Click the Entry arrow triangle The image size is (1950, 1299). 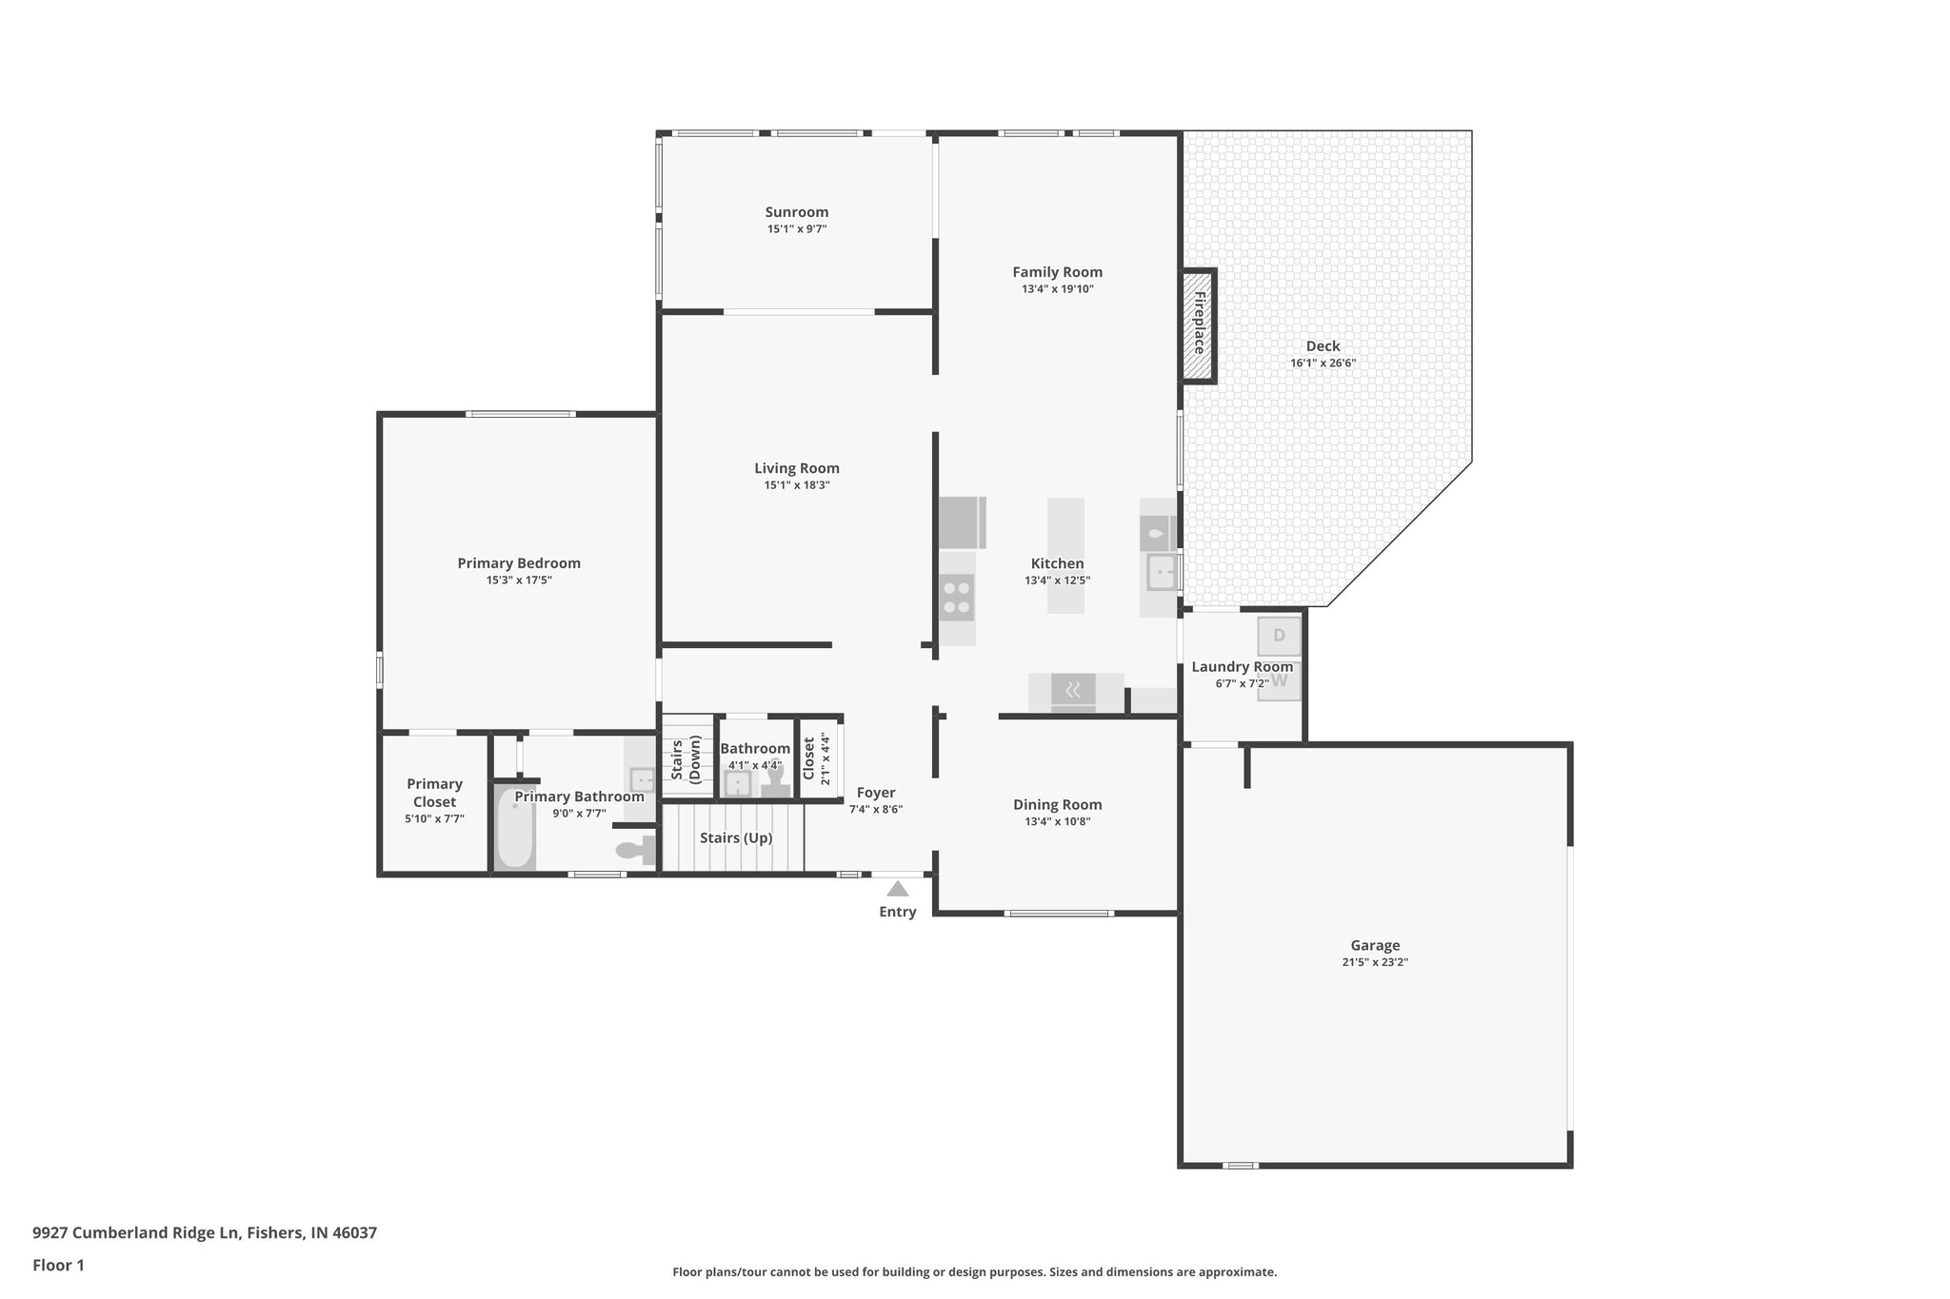click(x=897, y=889)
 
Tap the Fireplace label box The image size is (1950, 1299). click(x=1199, y=325)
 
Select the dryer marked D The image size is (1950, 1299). click(x=1279, y=636)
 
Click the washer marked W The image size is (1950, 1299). click(x=1279, y=681)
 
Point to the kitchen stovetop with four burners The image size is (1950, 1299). click(x=957, y=598)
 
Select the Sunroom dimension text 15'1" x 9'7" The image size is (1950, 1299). click(x=797, y=229)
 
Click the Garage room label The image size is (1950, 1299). click(x=1375, y=945)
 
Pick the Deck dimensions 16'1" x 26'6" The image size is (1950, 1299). click(x=1323, y=364)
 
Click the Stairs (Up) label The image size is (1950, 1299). click(x=736, y=838)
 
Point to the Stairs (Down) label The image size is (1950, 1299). click(x=686, y=758)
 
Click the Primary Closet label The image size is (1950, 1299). click(x=434, y=793)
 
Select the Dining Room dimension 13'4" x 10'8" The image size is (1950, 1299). click(x=1057, y=821)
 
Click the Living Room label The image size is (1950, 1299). click(x=797, y=468)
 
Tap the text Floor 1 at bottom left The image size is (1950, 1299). click(x=58, y=1265)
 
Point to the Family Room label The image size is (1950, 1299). click(x=1057, y=272)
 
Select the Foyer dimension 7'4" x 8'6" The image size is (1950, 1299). click(x=876, y=810)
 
